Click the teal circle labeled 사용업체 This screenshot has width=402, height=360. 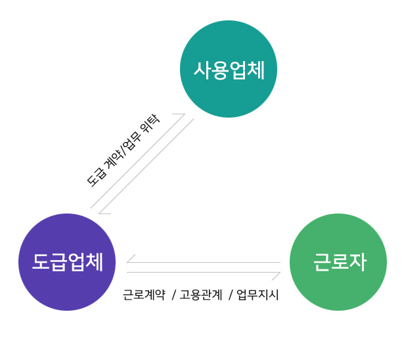229,69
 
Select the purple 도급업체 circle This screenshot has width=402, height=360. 67,262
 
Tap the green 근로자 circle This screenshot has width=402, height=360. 338,262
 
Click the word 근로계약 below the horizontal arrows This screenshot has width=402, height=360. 144,294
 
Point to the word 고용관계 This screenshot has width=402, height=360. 201,294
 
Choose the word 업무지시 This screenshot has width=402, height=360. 257,294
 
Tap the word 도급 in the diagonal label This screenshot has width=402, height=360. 97,177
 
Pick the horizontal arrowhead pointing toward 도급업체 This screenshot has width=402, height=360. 131,259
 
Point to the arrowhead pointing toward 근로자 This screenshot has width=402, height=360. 276,276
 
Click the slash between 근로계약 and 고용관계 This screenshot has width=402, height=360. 174,294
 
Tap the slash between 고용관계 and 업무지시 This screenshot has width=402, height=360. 231,294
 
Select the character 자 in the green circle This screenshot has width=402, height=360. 358,262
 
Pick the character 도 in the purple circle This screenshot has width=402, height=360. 41,261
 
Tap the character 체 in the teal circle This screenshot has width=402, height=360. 256,70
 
